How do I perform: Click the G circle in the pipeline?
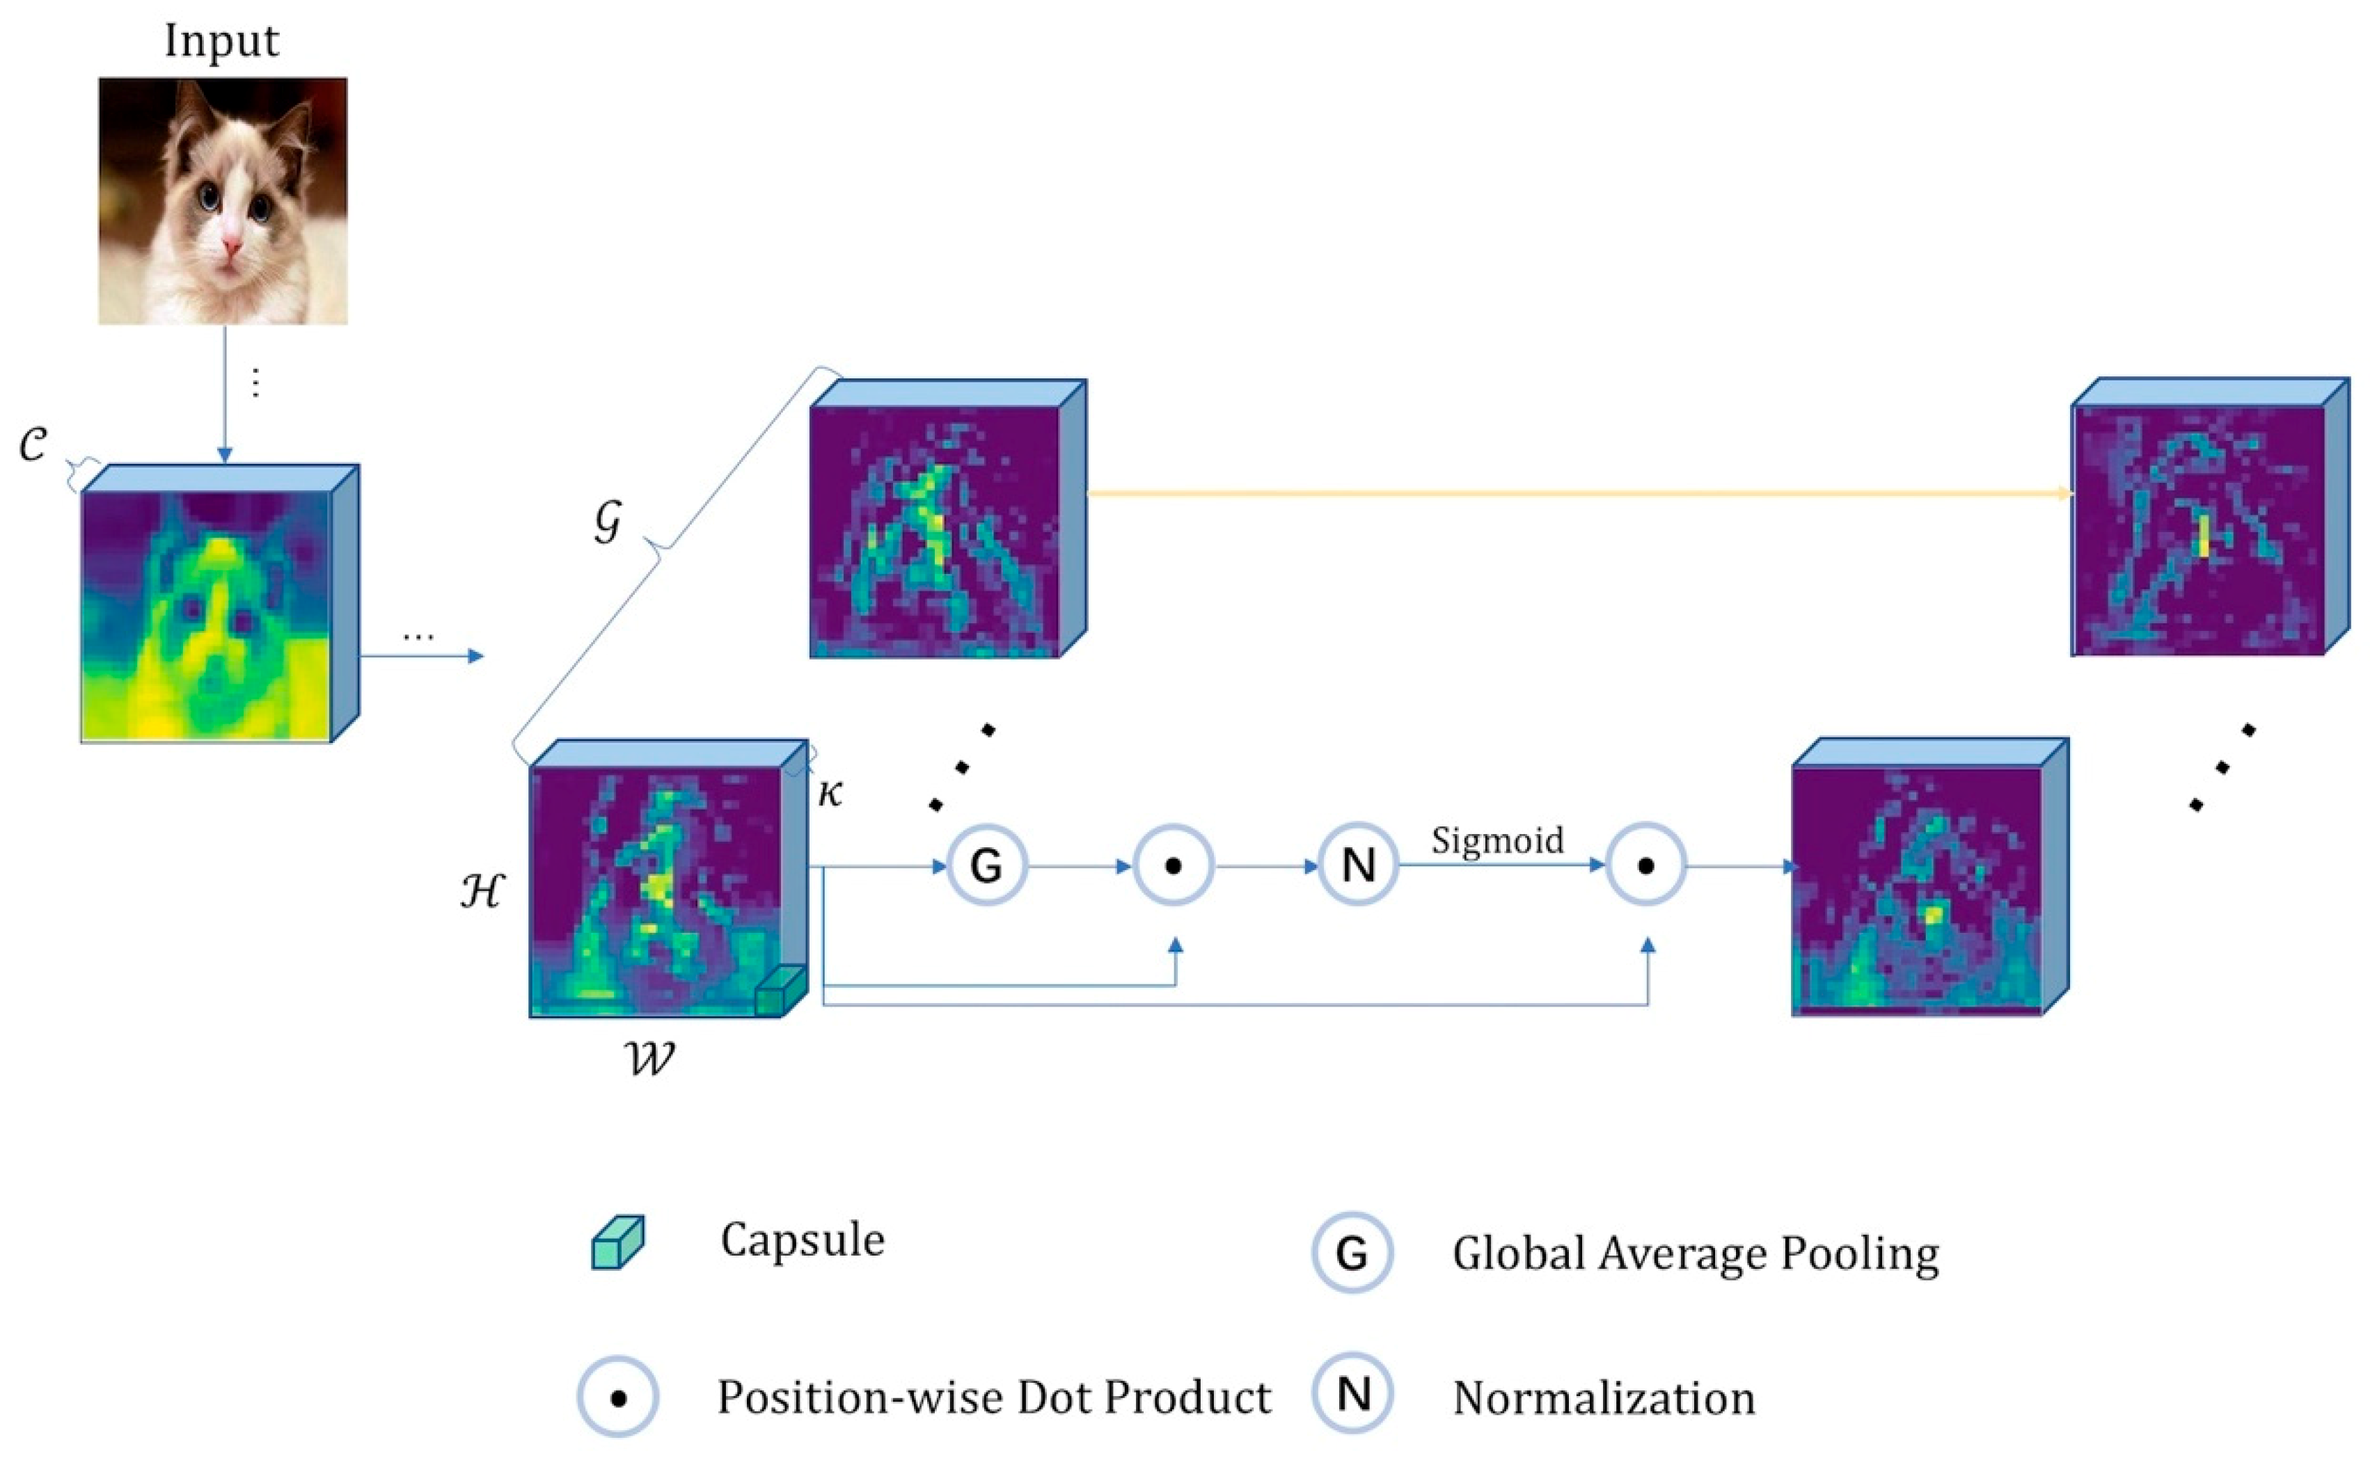coord(986,865)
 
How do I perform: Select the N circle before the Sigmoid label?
coord(1357,865)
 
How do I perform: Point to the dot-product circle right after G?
coord(1173,865)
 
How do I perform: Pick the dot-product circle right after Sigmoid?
coord(1645,865)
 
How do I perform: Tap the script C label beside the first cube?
coord(34,444)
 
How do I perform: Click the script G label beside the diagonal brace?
coord(608,522)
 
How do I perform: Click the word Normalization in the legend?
coord(1603,1398)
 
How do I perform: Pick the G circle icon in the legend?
coord(1352,1253)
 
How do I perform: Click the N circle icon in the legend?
coord(1352,1395)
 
